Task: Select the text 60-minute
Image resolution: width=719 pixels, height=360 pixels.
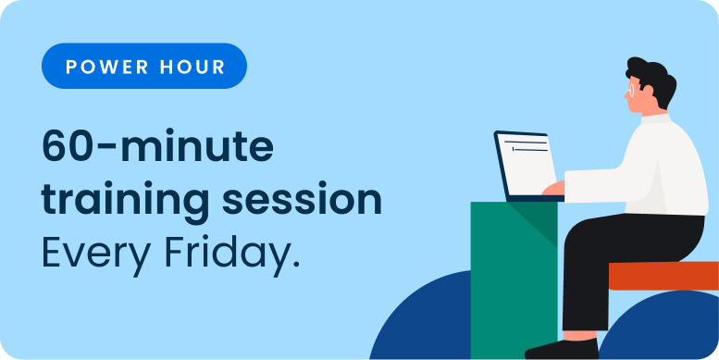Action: coord(157,148)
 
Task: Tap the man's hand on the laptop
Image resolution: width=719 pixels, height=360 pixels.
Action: coord(552,189)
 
